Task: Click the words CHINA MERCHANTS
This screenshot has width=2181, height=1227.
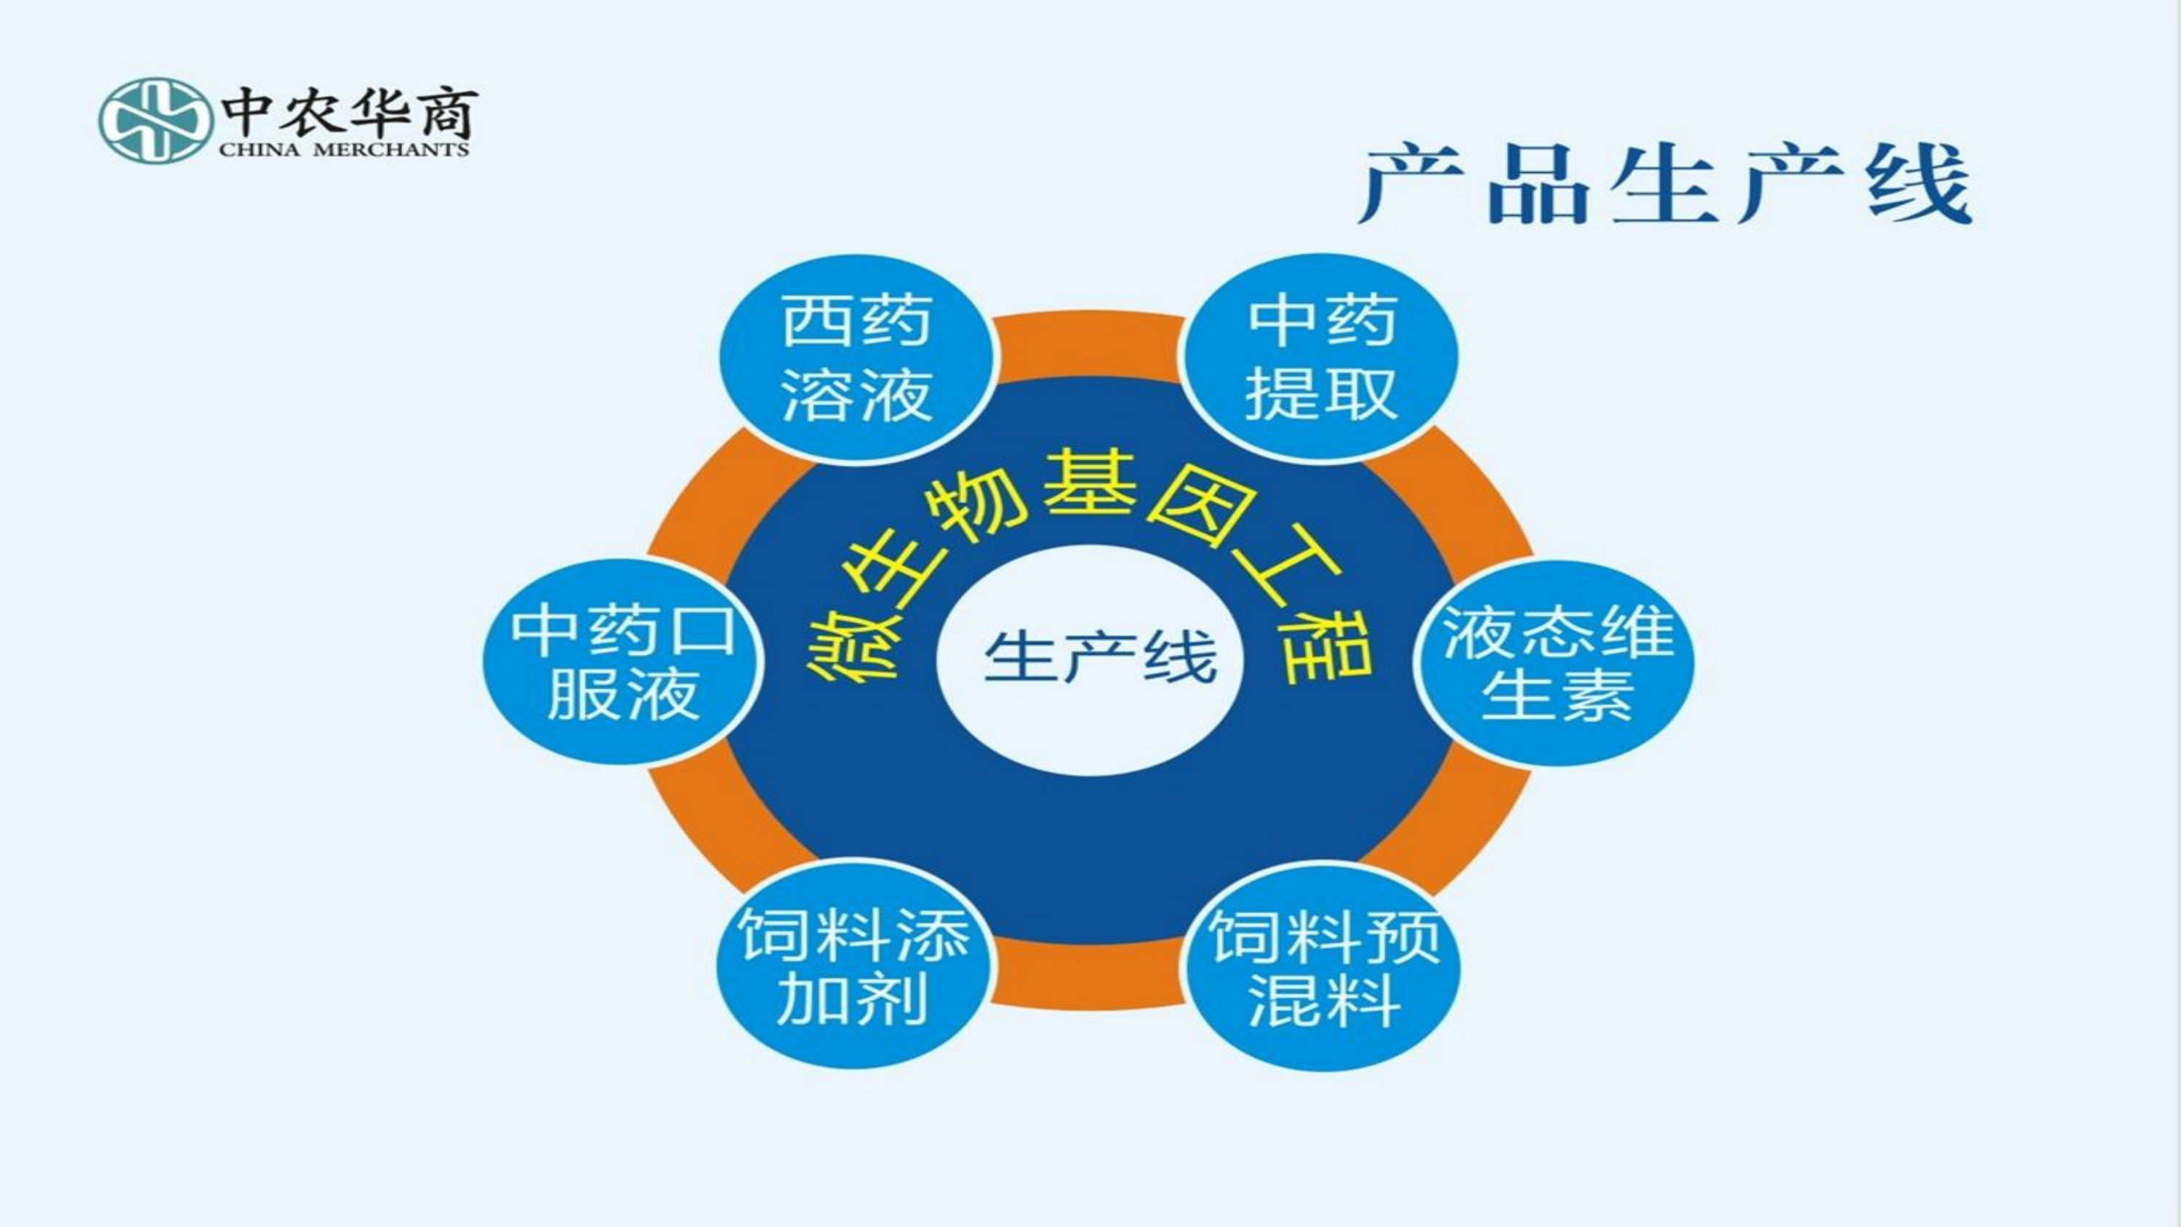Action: (344, 150)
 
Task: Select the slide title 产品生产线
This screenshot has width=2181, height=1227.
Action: (1666, 185)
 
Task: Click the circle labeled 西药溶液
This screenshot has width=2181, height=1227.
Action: (856, 358)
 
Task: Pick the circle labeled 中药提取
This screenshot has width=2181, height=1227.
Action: (1321, 358)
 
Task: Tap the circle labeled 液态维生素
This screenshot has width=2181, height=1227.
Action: (1557, 663)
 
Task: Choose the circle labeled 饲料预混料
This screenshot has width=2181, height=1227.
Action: (1322, 966)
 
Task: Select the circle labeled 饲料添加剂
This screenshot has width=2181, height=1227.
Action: (853, 964)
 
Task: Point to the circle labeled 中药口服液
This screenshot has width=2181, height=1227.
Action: (622, 662)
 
